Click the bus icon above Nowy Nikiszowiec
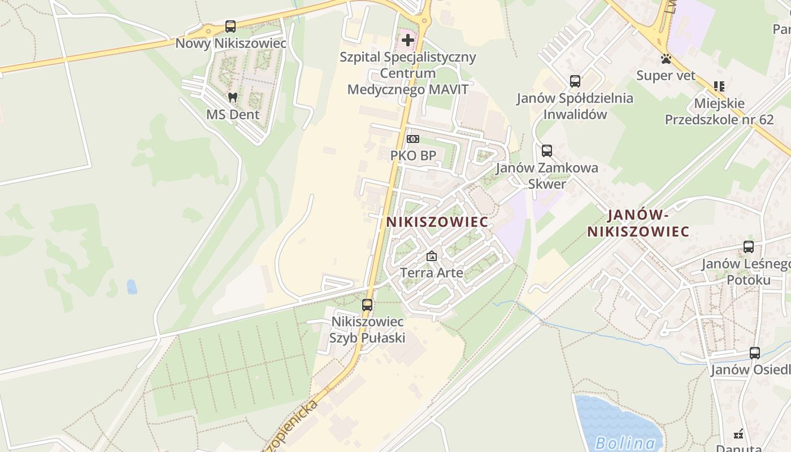231,26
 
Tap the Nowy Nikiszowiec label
231,44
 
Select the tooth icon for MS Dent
232,97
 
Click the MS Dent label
232,115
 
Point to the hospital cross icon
407,40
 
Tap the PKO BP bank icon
413,138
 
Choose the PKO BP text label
413,155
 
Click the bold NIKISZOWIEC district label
437,222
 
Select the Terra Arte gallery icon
432,256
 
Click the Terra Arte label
432,273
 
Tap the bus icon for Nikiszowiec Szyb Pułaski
367,305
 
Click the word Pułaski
383,338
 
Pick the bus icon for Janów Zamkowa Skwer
546,151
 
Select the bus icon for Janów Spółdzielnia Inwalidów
575,81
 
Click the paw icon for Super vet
666,58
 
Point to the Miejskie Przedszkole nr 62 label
719,111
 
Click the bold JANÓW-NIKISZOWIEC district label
638,223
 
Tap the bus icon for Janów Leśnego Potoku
749,247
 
